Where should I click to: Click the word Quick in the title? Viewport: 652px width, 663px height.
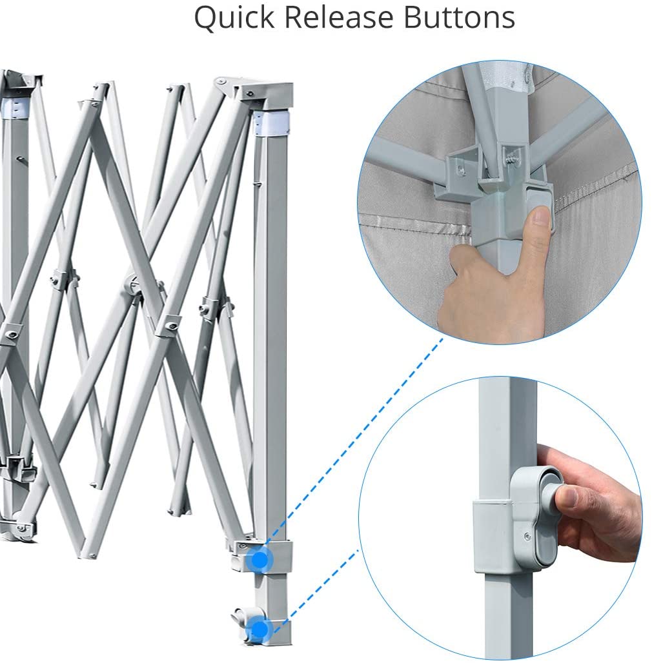[x=234, y=18]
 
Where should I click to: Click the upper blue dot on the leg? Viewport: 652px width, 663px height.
[x=260, y=559]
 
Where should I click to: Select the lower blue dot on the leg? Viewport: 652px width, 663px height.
[x=258, y=629]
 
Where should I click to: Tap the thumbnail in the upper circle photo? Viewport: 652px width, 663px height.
[x=542, y=217]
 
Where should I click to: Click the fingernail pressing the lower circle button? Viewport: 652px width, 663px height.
[x=566, y=496]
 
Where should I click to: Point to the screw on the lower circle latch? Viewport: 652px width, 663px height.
[x=527, y=536]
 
